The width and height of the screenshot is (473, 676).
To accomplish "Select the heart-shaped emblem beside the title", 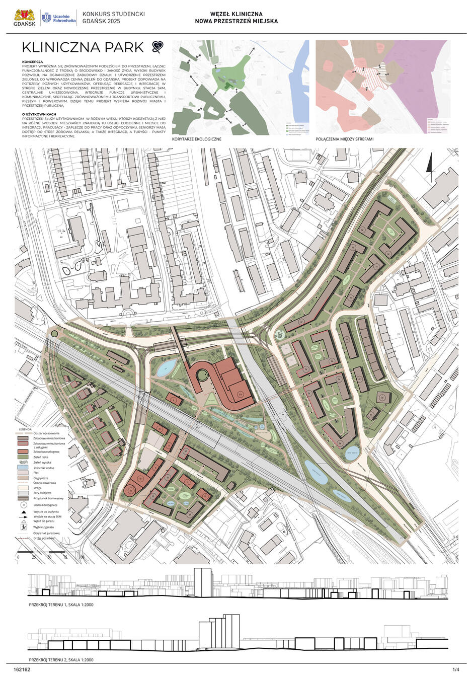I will click(x=158, y=47).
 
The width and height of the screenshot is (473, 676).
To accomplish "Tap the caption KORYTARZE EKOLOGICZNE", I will click(x=197, y=138).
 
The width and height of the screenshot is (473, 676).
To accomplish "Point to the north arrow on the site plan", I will click(x=429, y=165).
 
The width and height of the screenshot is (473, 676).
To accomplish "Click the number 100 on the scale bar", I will click(x=81, y=557).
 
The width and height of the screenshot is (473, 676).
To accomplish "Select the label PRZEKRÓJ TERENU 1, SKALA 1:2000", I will click(x=61, y=604).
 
